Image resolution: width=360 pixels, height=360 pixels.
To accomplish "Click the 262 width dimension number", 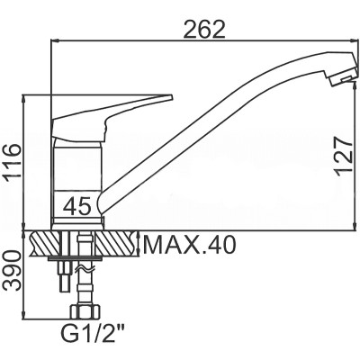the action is click(203, 31).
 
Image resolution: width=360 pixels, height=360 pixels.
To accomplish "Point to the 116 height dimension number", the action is click(11, 163).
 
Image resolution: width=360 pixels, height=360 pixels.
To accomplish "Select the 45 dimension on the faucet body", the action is click(77, 206).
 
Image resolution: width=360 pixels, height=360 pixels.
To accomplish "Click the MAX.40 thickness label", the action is click(189, 245).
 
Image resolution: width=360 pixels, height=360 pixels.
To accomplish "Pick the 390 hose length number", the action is click(11, 270).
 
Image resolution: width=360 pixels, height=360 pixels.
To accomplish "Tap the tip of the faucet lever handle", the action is click(172, 97).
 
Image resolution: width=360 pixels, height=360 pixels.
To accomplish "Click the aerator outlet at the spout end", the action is click(342, 80).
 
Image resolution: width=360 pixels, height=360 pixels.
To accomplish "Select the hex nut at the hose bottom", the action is click(85, 313).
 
